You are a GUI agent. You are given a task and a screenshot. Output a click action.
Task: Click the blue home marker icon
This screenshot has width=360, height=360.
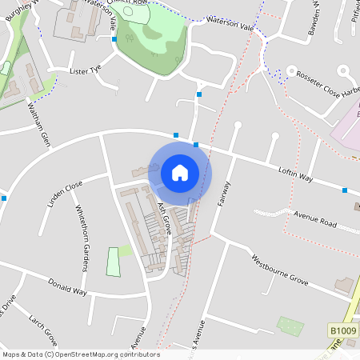180,172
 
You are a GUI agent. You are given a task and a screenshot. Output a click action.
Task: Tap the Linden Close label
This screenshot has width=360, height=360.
65,194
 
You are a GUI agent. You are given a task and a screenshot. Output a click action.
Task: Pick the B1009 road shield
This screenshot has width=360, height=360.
341,330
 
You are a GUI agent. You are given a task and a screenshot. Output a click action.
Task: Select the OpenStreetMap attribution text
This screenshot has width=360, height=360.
80,354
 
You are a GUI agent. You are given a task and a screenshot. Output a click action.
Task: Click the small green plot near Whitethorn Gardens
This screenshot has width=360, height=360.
114,262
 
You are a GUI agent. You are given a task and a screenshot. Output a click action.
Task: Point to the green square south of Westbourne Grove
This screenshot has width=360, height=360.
290,326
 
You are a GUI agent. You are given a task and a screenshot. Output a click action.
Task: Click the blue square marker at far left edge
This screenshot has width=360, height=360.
5,198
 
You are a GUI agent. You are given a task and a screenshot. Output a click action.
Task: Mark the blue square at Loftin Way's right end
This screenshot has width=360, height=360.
345,190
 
